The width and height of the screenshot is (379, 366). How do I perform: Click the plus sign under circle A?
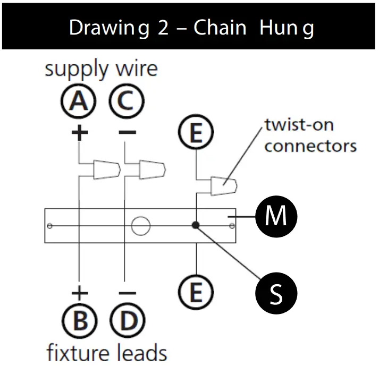(x=79, y=132)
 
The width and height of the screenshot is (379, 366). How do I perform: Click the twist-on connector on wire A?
(x=106, y=169)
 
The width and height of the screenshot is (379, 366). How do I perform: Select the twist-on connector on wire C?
(x=151, y=169)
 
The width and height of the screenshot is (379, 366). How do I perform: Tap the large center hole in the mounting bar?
(x=140, y=226)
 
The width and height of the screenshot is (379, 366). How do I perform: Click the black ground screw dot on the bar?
(x=196, y=225)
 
